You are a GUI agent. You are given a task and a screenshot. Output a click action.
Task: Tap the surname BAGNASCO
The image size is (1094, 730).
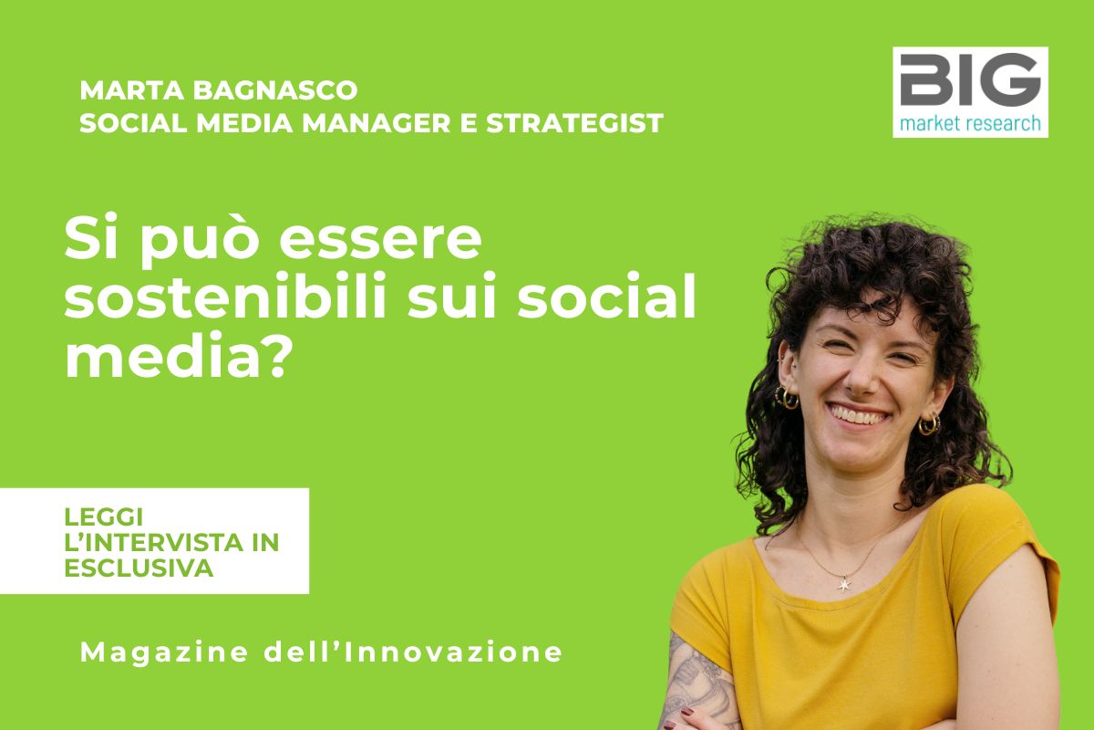coord(275,90)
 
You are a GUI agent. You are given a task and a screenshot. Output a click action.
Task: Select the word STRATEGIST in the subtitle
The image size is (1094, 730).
coord(574,122)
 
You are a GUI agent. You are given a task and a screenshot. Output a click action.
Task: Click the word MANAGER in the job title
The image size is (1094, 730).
coord(376,122)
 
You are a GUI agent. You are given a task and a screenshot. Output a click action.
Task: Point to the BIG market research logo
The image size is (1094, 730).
coord(970,92)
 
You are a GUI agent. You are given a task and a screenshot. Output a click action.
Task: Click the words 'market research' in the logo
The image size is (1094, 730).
coord(970,123)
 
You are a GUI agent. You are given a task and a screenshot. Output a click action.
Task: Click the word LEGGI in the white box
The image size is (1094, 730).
coord(104,516)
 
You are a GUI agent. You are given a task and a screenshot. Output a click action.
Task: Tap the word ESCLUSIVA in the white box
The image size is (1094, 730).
coord(139,568)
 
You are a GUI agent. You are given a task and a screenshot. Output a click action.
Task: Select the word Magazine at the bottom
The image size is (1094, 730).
coord(164,652)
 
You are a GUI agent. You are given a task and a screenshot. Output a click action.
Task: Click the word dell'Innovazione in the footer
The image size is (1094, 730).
coord(414,652)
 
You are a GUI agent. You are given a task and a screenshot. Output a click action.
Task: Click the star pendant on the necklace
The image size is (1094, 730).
coord(844,583)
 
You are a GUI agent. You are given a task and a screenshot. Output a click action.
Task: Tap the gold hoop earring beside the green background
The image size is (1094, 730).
coord(787,398)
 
